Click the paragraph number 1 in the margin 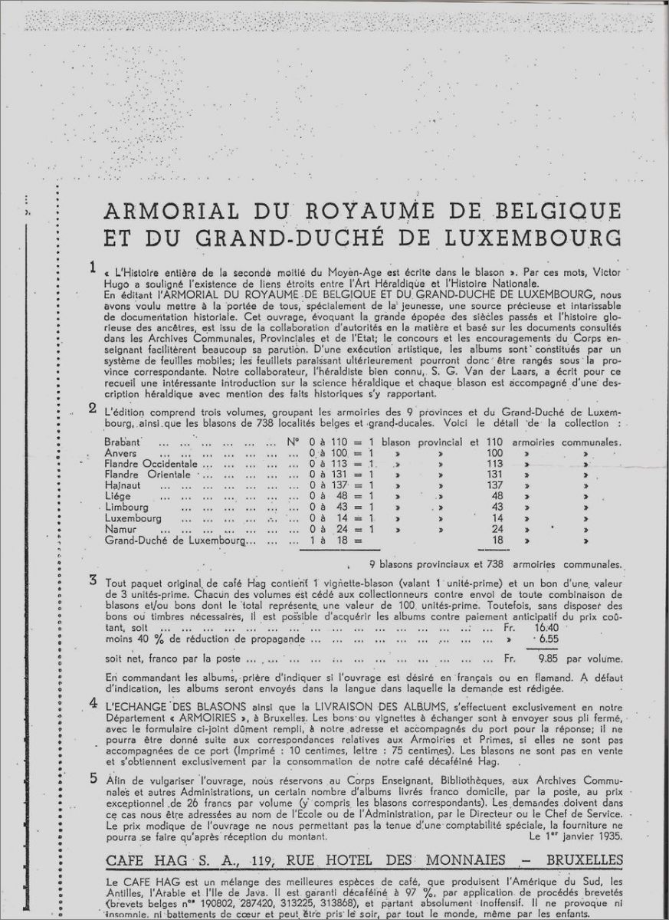[93, 268]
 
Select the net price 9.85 [552, 659]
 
